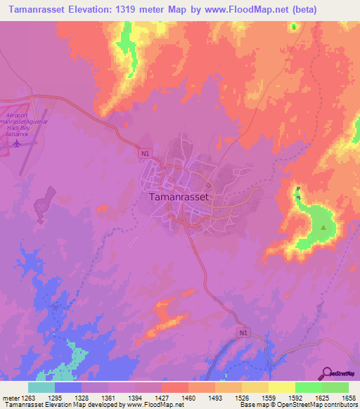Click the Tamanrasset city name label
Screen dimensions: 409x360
click(x=179, y=197)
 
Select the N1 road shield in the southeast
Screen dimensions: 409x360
click(x=243, y=332)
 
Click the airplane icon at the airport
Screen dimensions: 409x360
click(x=15, y=144)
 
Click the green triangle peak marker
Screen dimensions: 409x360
click(x=323, y=228)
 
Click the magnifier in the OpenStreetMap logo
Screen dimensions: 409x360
click(x=327, y=373)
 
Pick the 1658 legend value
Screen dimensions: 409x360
click(x=347, y=398)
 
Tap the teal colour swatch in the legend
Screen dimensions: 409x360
click(x=41, y=387)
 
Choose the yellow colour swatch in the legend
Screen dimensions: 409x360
click(x=281, y=387)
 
